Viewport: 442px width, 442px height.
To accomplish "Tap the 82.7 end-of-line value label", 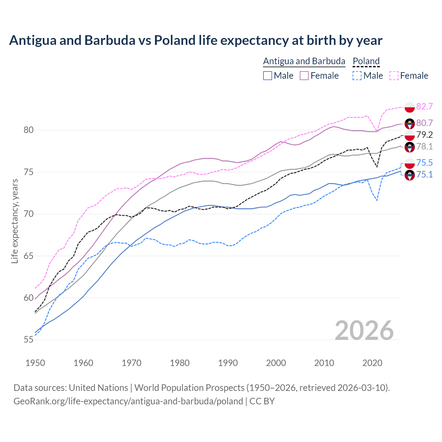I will [424, 106].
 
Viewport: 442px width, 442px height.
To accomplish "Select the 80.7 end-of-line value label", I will [424, 123].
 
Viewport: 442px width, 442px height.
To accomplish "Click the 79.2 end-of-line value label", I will [424, 135].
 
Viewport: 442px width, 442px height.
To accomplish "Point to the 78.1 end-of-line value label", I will [424, 147].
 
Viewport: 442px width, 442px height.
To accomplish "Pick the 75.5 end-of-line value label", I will [424, 163].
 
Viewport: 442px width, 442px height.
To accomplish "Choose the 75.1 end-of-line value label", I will [424, 174].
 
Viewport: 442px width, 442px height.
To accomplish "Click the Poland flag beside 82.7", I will [410, 107].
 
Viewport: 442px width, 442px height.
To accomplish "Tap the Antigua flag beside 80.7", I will [410, 124].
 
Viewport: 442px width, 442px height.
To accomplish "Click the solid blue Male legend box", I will [268, 76].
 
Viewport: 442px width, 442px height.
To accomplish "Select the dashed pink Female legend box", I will [394, 76].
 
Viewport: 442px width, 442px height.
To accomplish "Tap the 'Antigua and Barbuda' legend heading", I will [304, 61].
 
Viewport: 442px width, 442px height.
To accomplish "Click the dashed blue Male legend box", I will [357, 76].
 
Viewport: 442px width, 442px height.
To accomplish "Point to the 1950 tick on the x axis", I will [35, 363].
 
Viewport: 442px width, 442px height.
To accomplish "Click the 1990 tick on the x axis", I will [228, 363].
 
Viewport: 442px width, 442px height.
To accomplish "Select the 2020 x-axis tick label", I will [372, 363].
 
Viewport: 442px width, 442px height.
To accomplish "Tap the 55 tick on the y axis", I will [29, 340].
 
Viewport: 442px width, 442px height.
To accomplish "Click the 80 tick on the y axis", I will [29, 130].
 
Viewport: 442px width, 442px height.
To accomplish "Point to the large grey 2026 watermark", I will [364, 330].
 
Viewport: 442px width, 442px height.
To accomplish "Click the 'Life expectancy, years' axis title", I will [15, 221].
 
